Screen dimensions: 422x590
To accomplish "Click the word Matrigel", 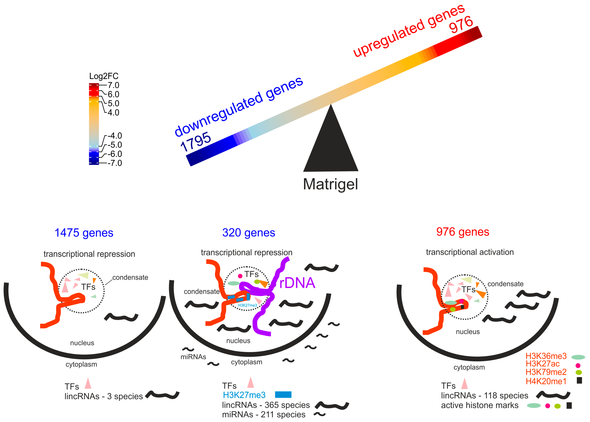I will click(330, 184).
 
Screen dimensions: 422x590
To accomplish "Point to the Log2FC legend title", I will click(104, 76).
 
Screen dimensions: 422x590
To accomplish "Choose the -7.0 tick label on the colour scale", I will click(115, 163).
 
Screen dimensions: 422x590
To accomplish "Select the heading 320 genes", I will click(248, 233).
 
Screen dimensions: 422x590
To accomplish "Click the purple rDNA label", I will click(297, 283).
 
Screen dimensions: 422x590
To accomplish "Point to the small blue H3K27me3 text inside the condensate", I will click(247, 305).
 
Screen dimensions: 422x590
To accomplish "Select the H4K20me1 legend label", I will click(546, 381).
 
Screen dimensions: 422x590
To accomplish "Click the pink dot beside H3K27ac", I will click(578, 365).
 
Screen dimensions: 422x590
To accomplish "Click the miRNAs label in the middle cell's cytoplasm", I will click(193, 357).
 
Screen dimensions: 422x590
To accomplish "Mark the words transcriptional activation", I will click(470, 252).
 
